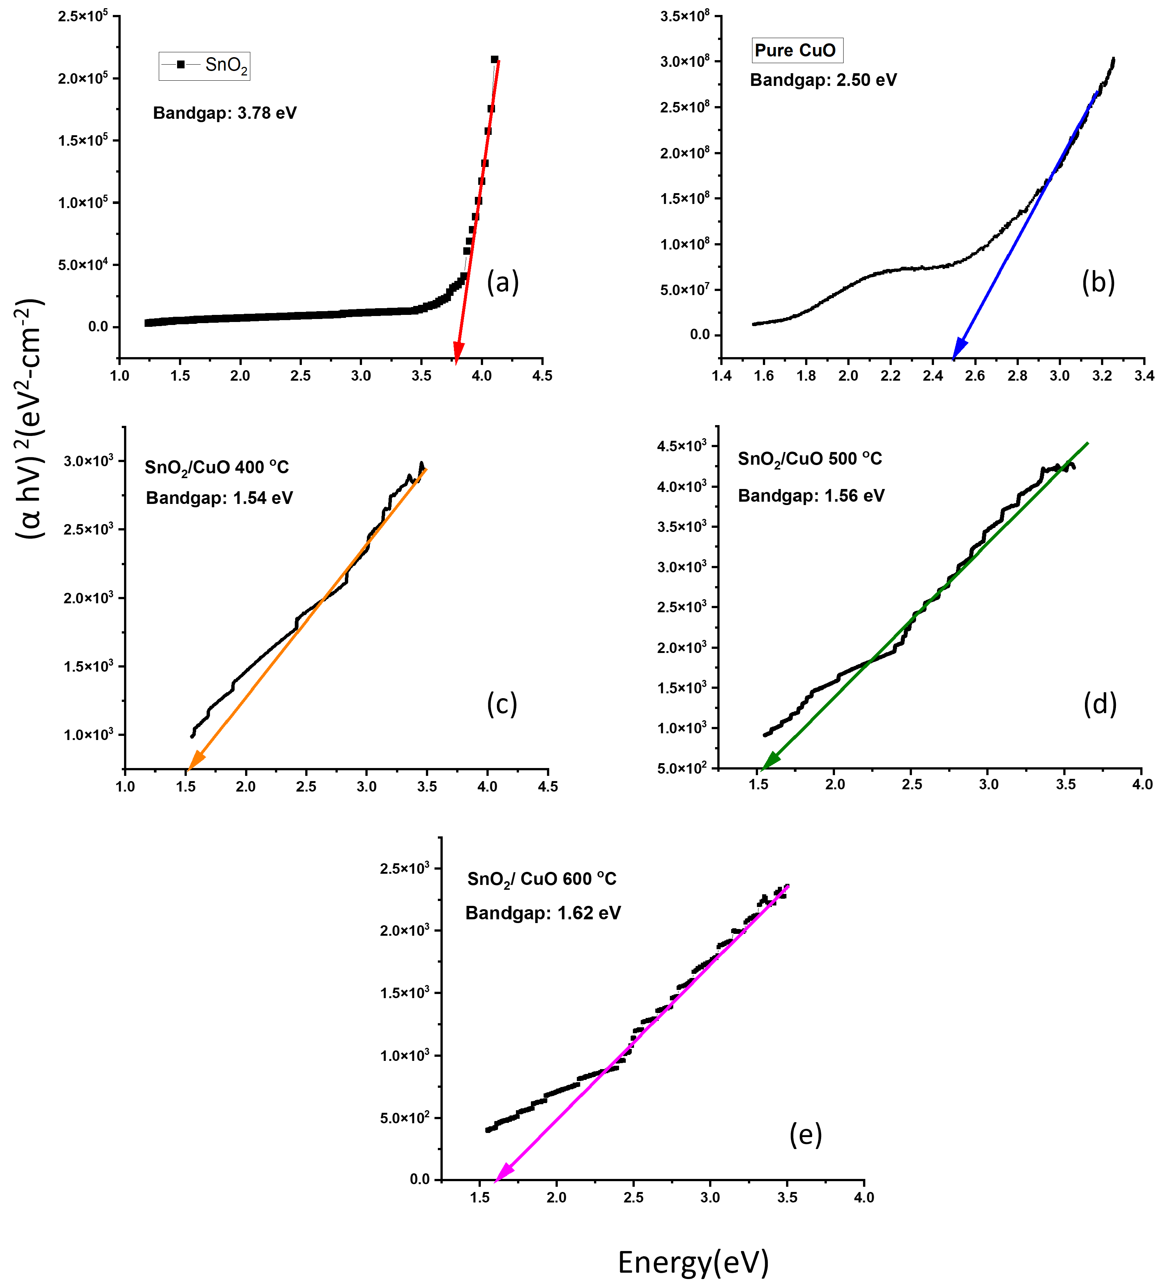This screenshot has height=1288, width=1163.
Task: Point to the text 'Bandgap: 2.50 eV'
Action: tap(823, 80)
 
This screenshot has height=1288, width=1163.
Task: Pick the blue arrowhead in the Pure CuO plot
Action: tap(959, 350)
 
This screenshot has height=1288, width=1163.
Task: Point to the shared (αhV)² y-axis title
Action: tap(30, 418)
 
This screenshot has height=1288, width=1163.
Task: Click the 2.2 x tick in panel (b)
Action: tap(890, 376)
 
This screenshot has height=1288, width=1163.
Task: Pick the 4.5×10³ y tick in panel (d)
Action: tap(682, 446)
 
